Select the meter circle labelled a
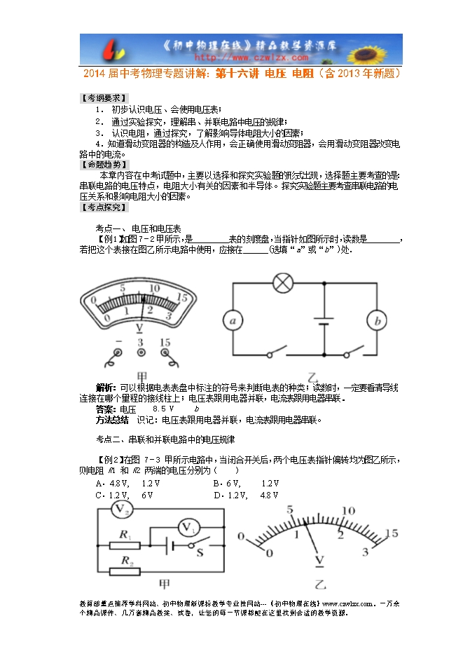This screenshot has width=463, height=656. tap(232, 321)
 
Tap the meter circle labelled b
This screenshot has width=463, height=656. tap(378, 321)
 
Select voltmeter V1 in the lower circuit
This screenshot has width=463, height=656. tap(187, 527)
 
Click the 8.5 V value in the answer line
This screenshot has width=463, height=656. tap(163, 409)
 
